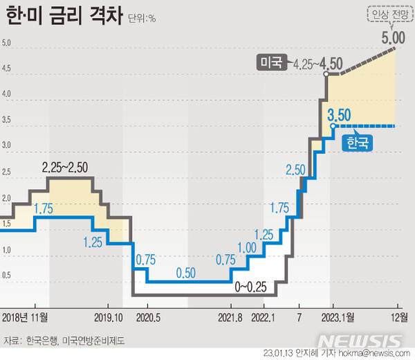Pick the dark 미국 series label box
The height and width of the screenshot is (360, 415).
point(271,63)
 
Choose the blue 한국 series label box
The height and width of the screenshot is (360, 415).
point(358,143)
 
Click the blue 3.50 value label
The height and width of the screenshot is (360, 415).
point(342,114)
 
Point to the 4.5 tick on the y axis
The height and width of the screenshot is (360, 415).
point(8,69)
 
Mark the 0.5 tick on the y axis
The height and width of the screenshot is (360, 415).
point(8,276)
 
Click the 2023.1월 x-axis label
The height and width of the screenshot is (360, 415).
point(338,318)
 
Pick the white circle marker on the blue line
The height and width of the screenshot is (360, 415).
point(333,126)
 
